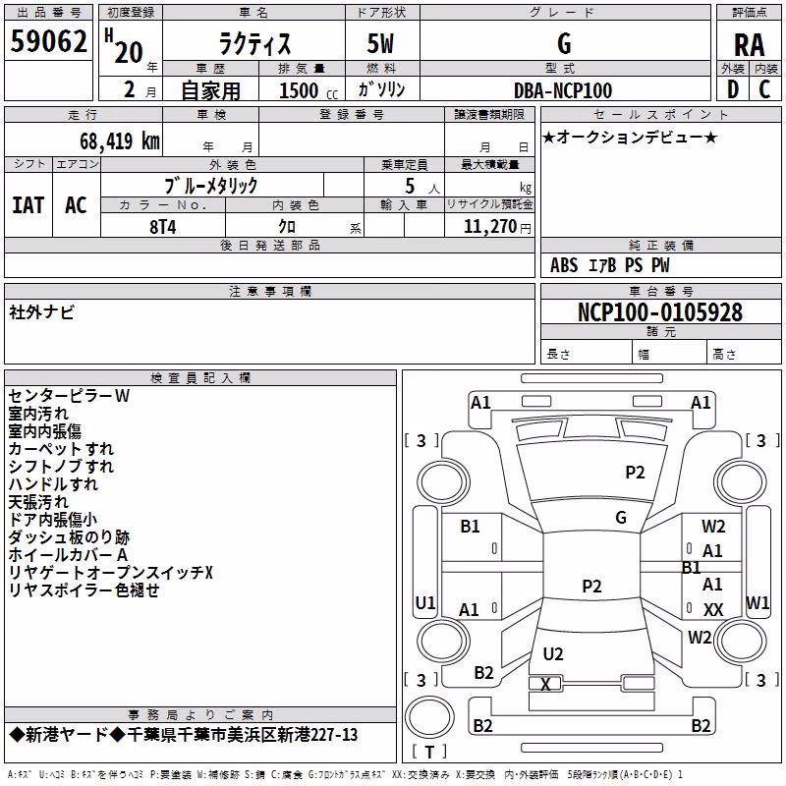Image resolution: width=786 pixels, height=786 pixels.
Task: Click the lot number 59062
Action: coord(48,41)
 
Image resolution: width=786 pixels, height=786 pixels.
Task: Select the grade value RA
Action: coord(749,45)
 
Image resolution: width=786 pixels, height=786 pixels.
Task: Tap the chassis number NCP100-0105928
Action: coord(660,312)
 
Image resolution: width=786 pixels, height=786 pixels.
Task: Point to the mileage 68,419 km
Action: coord(120,141)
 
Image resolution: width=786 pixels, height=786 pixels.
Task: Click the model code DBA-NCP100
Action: coord(563,90)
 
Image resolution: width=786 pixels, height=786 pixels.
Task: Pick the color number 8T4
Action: coord(163,227)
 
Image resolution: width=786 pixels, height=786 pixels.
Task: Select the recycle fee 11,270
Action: coord(490,227)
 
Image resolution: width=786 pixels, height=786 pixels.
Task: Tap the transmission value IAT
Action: coord(28,205)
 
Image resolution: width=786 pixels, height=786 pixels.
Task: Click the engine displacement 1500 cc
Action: coord(309,90)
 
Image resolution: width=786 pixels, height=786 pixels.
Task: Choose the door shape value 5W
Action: coord(380,43)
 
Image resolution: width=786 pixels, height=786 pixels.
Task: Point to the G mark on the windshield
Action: coord(621,518)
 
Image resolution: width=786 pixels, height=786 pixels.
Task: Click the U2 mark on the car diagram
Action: coord(553,654)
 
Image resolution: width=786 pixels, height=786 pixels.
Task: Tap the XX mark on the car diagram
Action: coord(713,609)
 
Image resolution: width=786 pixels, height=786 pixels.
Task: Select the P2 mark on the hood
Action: coord(635,473)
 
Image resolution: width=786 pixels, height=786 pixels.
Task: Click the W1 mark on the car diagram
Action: coord(758,602)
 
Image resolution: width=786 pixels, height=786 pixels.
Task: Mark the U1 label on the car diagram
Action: coord(425,602)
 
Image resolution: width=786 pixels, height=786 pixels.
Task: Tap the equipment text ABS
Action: coord(564,265)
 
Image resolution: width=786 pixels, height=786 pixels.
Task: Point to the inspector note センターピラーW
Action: coord(69,396)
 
